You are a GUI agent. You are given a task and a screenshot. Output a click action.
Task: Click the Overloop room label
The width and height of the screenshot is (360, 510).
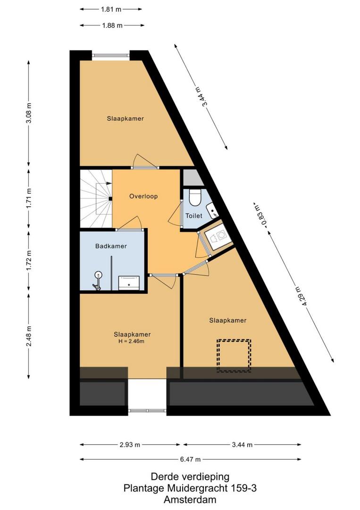tap(143, 196)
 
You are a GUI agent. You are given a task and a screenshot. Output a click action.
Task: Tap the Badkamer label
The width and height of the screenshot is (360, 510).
tap(111, 246)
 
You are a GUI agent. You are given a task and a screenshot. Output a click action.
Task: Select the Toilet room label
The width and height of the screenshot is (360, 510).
tap(193, 216)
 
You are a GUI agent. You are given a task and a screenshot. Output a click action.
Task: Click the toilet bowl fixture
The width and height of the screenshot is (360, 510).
tap(195, 197)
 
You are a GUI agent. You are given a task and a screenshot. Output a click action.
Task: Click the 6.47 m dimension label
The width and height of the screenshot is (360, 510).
tap(191, 459)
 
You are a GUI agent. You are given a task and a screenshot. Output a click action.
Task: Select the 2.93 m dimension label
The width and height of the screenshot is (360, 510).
tap(130, 445)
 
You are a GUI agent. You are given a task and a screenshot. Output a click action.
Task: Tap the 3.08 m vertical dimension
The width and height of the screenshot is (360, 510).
tap(29, 112)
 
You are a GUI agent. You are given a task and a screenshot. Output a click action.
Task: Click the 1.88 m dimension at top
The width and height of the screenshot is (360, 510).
tap(112, 25)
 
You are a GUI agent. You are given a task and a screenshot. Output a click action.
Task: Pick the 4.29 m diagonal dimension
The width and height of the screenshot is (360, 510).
tap(305, 296)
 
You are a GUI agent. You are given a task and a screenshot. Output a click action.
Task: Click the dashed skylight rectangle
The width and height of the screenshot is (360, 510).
tap(234, 356)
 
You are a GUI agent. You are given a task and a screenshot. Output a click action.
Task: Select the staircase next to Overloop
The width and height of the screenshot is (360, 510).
tap(96, 199)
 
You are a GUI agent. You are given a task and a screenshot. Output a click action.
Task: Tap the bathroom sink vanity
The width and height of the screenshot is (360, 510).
tap(129, 283)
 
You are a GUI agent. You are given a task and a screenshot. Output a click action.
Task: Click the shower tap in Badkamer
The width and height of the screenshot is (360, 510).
tap(98, 280)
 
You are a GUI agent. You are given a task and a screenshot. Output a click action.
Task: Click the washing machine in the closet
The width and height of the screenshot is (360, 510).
tap(218, 237)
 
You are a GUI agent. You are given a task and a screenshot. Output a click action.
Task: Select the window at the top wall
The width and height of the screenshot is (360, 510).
tap(111, 55)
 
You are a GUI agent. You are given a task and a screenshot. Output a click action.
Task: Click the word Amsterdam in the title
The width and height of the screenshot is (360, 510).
tap(190, 500)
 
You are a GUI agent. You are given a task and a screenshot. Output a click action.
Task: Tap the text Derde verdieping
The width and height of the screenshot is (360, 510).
tap(190, 477)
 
